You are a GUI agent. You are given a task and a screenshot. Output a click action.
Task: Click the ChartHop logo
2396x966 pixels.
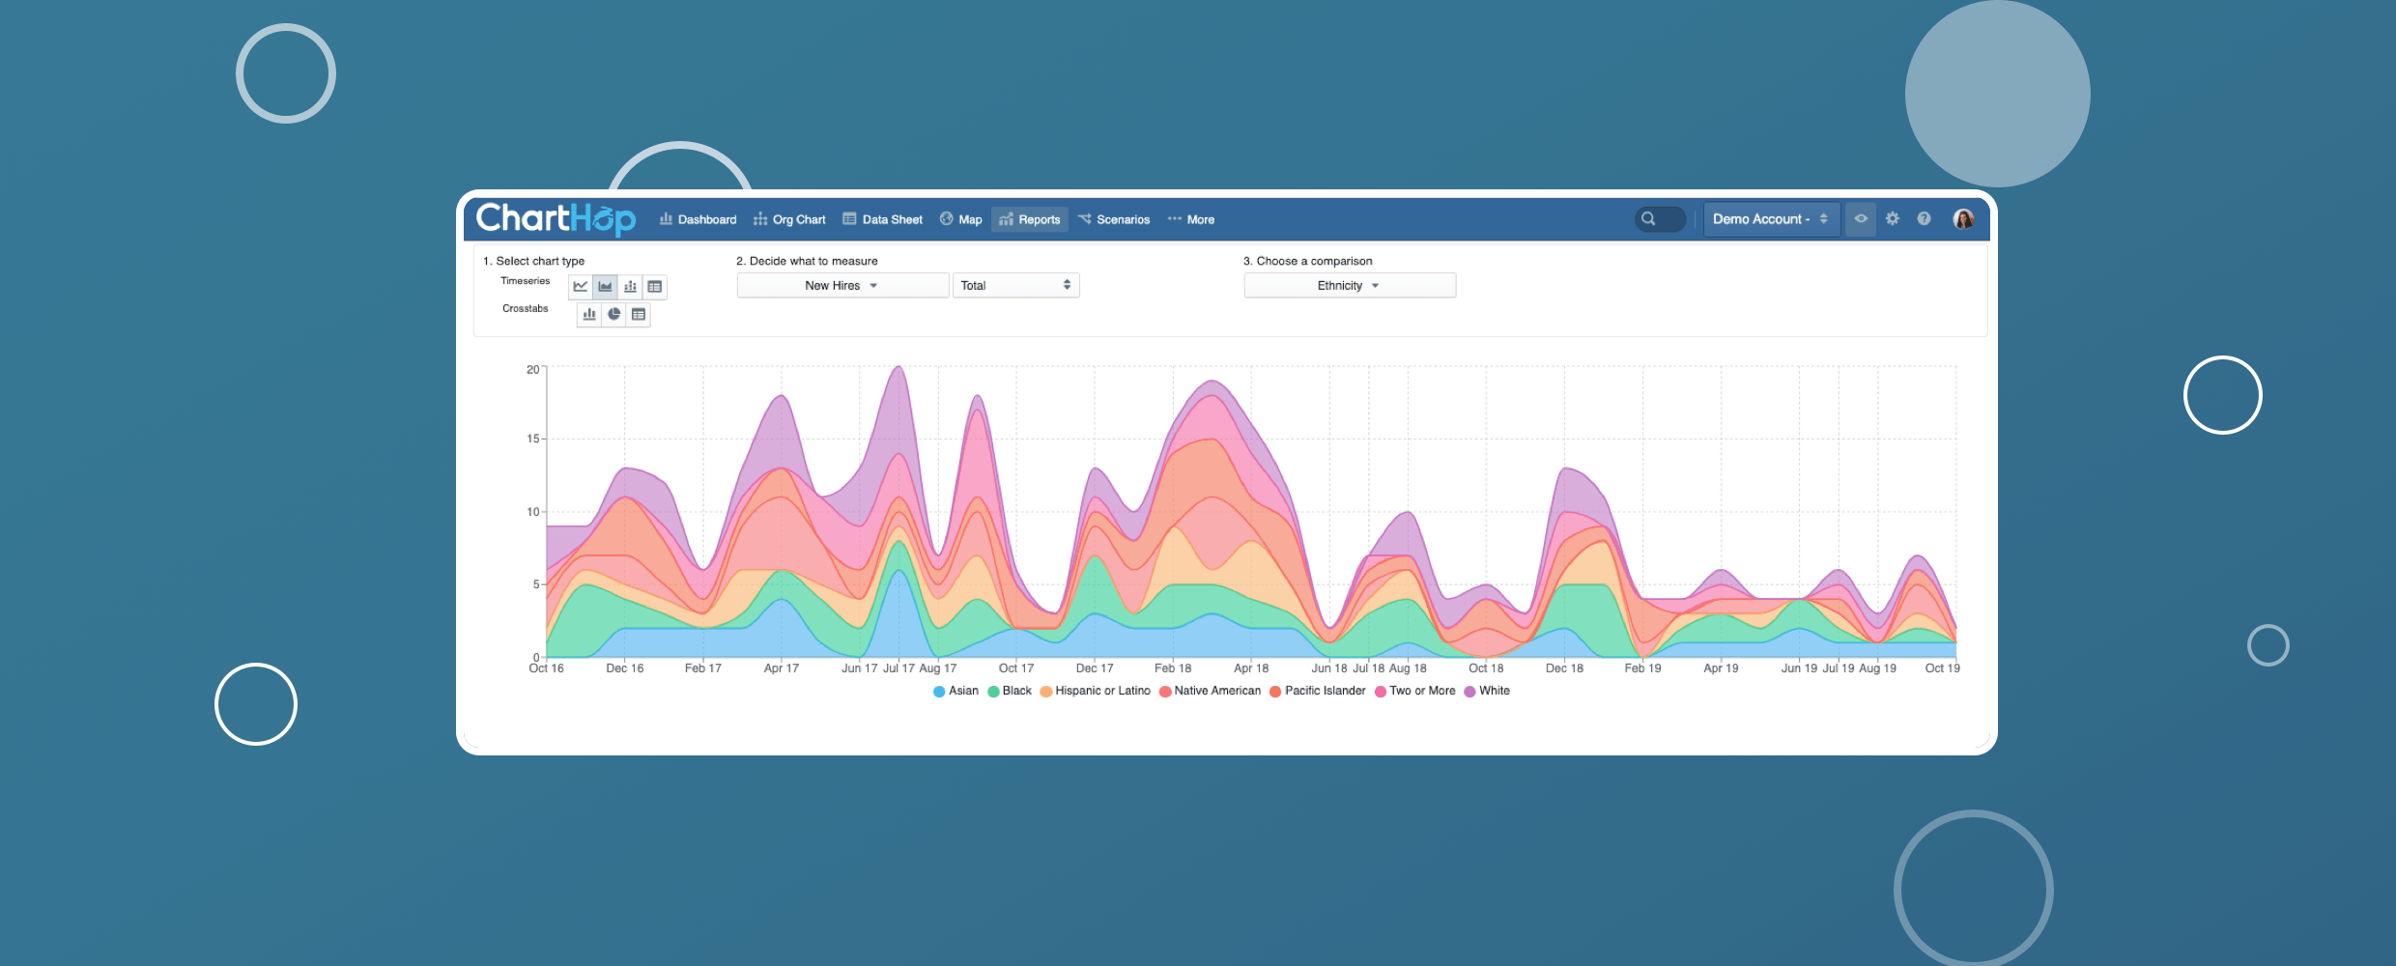(556, 219)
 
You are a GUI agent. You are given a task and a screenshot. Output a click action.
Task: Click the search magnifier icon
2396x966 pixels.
(1648, 219)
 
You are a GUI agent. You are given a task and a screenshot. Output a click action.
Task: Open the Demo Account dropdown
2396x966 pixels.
(1770, 219)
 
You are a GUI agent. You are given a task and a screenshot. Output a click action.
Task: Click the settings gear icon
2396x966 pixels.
(1892, 219)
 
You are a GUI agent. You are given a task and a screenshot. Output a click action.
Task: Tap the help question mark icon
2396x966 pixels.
(1924, 219)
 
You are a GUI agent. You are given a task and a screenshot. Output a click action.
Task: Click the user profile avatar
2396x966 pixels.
(1963, 219)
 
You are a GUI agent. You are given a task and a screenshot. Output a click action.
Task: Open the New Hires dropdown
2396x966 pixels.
(841, 286)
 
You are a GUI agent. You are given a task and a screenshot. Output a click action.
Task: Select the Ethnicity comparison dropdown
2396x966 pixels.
(1349, 286)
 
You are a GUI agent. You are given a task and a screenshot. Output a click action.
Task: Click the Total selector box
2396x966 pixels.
(1015, 286)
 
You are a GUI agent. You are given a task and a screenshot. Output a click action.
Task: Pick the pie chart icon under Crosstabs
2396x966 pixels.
(613, 314)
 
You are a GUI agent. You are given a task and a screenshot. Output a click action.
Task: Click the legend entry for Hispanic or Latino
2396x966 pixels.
(1095, 691)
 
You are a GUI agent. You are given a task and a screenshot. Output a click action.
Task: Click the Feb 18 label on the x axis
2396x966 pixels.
(1173, 668)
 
